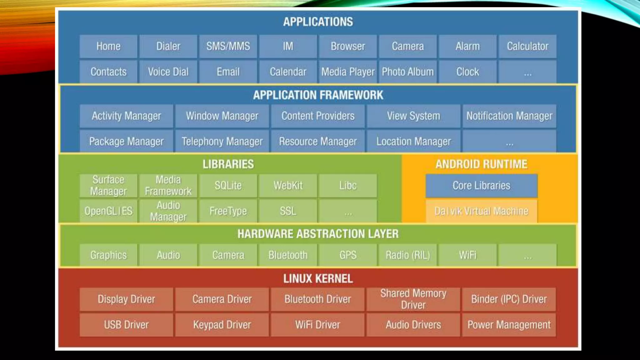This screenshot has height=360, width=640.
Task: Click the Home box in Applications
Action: point(108,46)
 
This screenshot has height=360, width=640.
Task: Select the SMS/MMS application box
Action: point(228,46)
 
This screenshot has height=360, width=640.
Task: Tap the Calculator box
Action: point(527,46)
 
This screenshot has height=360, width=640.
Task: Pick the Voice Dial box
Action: point(168,72)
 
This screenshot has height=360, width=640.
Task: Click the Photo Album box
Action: point(407,72)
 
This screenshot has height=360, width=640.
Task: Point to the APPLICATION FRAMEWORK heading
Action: point(318,95)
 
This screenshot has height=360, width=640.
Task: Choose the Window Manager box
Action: point(222,116)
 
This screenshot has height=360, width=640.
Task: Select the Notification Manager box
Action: point(509,116)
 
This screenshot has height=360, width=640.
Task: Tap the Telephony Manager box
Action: point(222,142)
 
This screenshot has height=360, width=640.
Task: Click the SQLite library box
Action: point(228,186)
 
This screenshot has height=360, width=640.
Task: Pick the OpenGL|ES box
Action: point(108,211)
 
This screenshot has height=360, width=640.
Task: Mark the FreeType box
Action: point(228,211)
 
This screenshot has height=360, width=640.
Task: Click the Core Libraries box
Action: point(481,186)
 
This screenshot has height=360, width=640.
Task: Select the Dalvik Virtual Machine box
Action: point(481,211)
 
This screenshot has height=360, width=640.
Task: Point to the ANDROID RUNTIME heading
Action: point(481,164)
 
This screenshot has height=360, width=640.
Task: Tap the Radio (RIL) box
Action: point(407,255)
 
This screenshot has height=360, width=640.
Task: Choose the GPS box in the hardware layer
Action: point(348,255)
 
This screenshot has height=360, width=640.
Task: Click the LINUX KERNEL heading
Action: point(318,278)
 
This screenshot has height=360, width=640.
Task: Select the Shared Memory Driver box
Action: point(413,299)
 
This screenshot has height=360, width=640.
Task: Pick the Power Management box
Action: point(509,325)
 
